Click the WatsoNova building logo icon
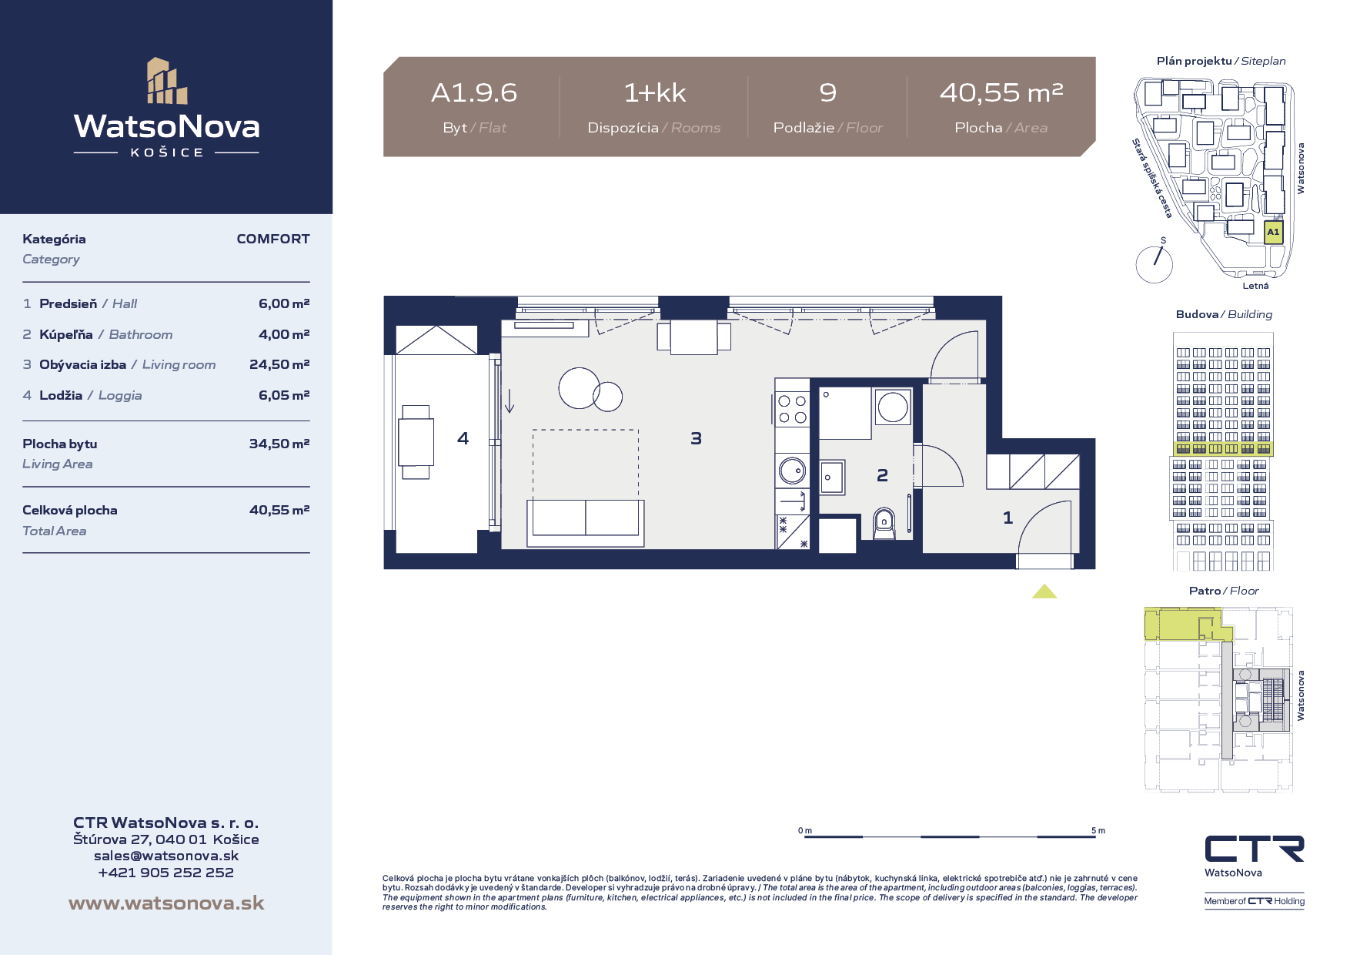167,81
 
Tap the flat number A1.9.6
474,93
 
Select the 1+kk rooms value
654,93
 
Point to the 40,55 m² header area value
1001,93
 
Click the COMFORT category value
273,239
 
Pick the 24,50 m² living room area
279,364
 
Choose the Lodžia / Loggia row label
91,395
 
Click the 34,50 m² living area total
279,444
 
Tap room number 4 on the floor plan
463,438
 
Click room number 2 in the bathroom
882,476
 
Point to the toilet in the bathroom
884,523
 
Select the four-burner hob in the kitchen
792,409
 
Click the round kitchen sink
791,469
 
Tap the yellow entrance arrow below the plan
1044,591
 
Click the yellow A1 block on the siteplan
1274,232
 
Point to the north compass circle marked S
1155,264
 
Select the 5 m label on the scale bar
1098,830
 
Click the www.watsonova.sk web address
166,903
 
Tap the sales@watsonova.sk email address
166,856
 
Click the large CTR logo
1255,849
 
